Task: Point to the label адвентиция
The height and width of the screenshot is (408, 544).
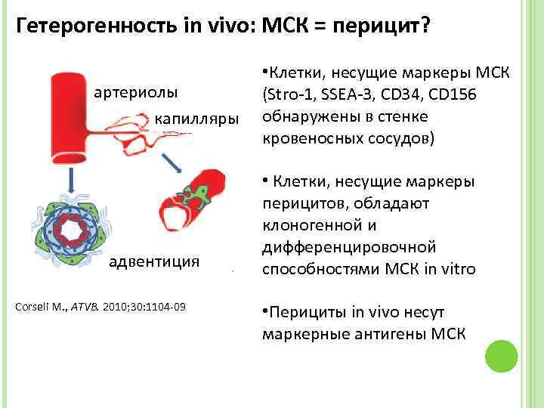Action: click(x=155, y=261)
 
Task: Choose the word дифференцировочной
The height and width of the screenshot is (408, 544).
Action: click(x=350, y=247)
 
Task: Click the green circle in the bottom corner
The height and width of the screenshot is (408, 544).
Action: click(x=499, y=355)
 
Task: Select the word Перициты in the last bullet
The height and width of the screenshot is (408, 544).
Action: click(x=301, y=312)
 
